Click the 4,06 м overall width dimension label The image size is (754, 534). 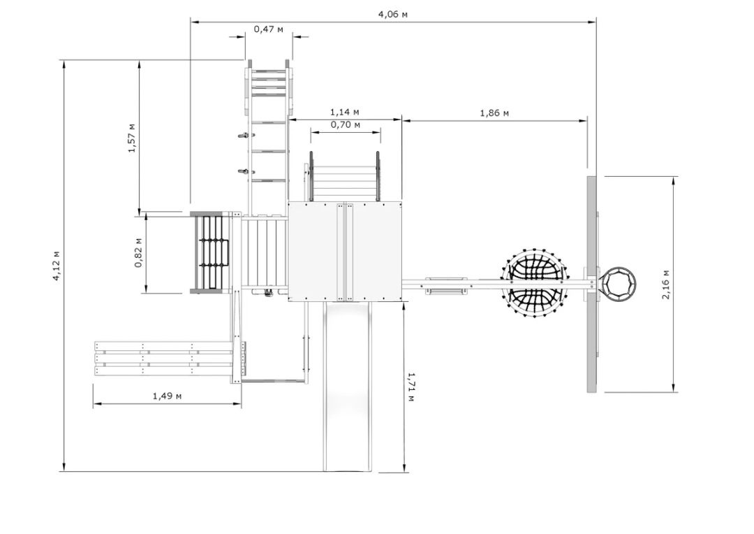click(x=393, y=15)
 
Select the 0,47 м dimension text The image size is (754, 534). click(x=268, y=29)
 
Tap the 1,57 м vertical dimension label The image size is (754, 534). click(x=132, y=138)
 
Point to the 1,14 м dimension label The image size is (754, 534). click(x=344, y=113)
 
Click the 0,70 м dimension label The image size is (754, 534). click(x=346, y=125)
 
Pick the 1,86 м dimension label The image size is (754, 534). click(x=494, y=113)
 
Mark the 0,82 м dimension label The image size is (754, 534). click(x=138, y=253)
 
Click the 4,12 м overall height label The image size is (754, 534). click(x=57, y=266)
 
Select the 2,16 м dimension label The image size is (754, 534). click(x=665, y=284)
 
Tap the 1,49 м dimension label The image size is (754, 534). click(x=167, y=396)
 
